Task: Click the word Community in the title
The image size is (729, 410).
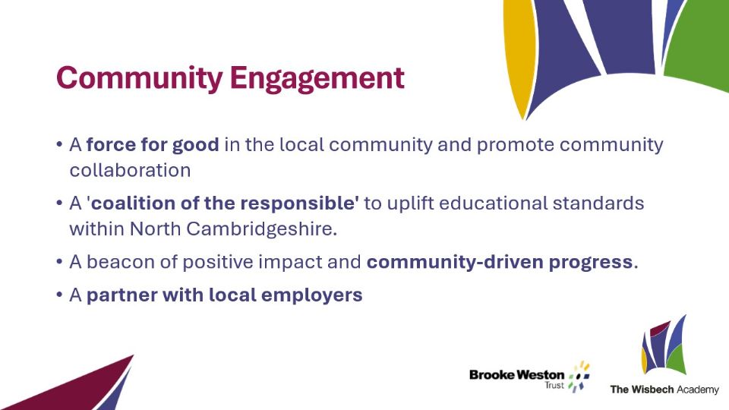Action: point(140,78)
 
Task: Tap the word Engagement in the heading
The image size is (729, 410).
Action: point(317,78)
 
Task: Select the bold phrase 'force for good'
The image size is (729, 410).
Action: point(153,144)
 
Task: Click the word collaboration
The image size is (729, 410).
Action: point(130,170)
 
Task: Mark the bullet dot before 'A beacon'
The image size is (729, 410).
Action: point(59,262)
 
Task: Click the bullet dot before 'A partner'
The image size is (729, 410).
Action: point(59,295)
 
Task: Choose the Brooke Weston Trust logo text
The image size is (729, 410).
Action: point(517,378)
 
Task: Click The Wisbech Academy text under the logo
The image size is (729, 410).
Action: point(664,389)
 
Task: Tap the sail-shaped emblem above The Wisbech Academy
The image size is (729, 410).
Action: point(664,345)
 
